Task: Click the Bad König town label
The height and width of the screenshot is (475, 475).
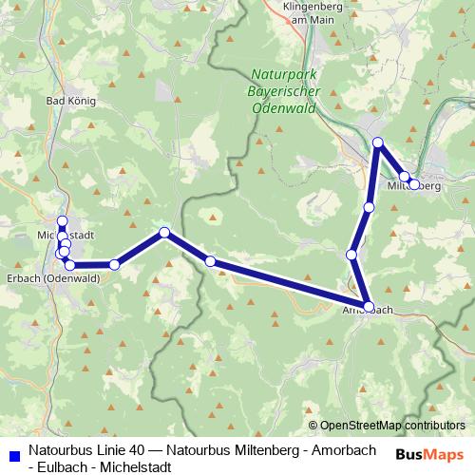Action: pyautogui.click(x=70, y=99)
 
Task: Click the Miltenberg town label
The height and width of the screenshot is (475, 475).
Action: pyautogui.click(x=414, y=186)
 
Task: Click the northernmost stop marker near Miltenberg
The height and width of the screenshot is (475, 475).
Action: pyautogui.click(x=377, y=143)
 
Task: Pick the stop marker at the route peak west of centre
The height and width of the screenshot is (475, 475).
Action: pyautogui.click(x=164, y=233)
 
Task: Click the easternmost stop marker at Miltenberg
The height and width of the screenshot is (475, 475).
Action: pyautogui.click(x=414, y=184)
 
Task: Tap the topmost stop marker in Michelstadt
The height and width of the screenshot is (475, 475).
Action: pyautogui.click(x=63, y=222)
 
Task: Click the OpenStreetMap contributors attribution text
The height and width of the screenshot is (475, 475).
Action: pyautogui.click(x=388, y=427)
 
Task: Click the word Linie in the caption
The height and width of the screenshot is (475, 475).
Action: pyautogui.click(x=106, y=448)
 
